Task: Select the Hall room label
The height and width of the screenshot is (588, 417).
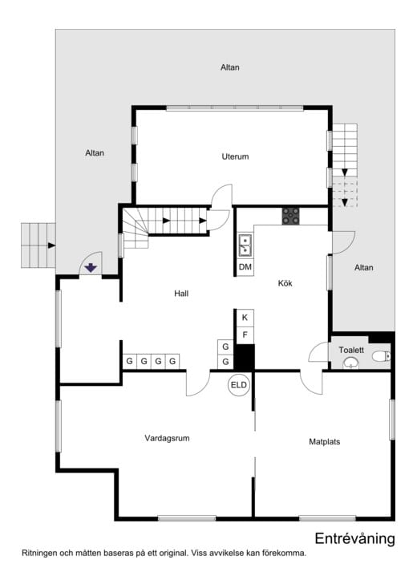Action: (181, 294)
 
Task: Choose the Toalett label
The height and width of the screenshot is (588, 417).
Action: (351, 350)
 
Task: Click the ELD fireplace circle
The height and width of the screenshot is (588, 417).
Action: (239, 385)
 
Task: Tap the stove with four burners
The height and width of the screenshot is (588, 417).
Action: (290, 215)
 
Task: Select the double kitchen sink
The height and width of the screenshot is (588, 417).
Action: (245, 244)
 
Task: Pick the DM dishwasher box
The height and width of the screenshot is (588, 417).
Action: (245, 266)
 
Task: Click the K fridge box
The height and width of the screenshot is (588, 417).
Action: (245, 318)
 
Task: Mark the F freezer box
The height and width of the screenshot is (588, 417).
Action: (245, 334)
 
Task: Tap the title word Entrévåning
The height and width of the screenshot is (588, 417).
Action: (354, 538)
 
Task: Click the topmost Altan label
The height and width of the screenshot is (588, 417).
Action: (230, 67)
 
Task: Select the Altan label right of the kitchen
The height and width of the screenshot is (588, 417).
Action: (363, 267)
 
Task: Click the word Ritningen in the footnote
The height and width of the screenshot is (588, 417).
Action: (40, 553)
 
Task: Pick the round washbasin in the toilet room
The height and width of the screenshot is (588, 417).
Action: (350, 363)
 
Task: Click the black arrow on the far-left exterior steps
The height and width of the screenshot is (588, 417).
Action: (51, 245)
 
